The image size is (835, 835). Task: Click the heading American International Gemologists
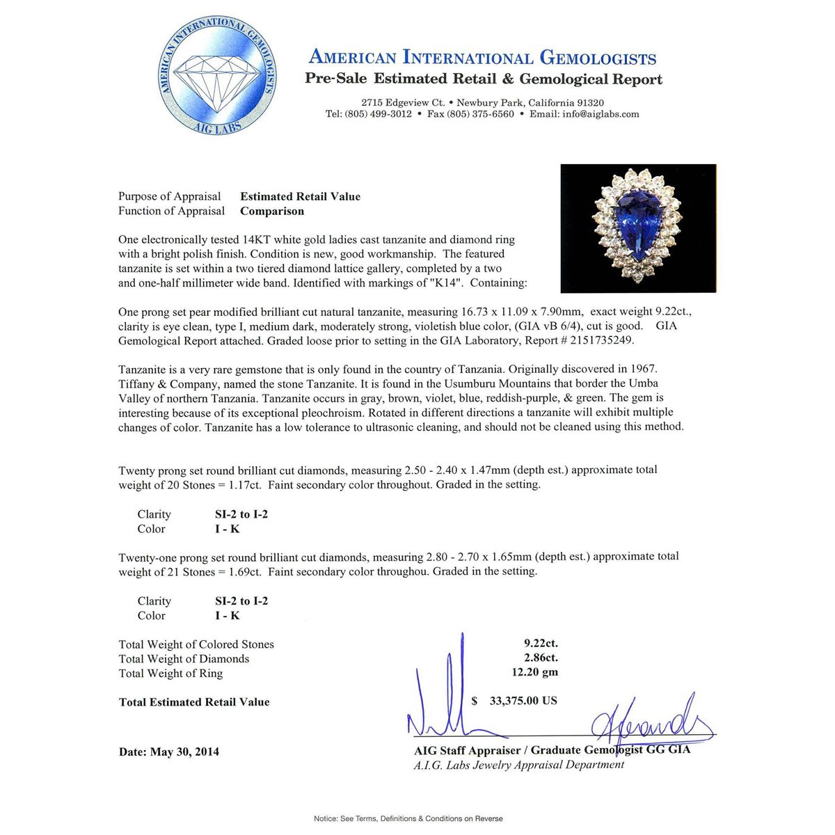(482, 57)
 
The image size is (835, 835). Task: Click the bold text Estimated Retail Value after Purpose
(300, 196)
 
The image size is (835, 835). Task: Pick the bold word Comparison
(272, 211)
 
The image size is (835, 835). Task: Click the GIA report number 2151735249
(598, 340)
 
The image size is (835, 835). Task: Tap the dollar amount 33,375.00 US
(523, 701)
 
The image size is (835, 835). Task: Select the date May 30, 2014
(184, 751)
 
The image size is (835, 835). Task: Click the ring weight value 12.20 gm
(534, 672)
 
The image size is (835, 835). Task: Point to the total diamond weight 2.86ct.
(541, 658)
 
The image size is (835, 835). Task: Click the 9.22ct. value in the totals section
(541, 643)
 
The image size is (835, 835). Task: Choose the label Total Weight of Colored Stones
(196, 644)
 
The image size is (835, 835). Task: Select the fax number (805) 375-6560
(470, 114)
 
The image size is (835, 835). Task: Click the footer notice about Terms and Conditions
(408, 818)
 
